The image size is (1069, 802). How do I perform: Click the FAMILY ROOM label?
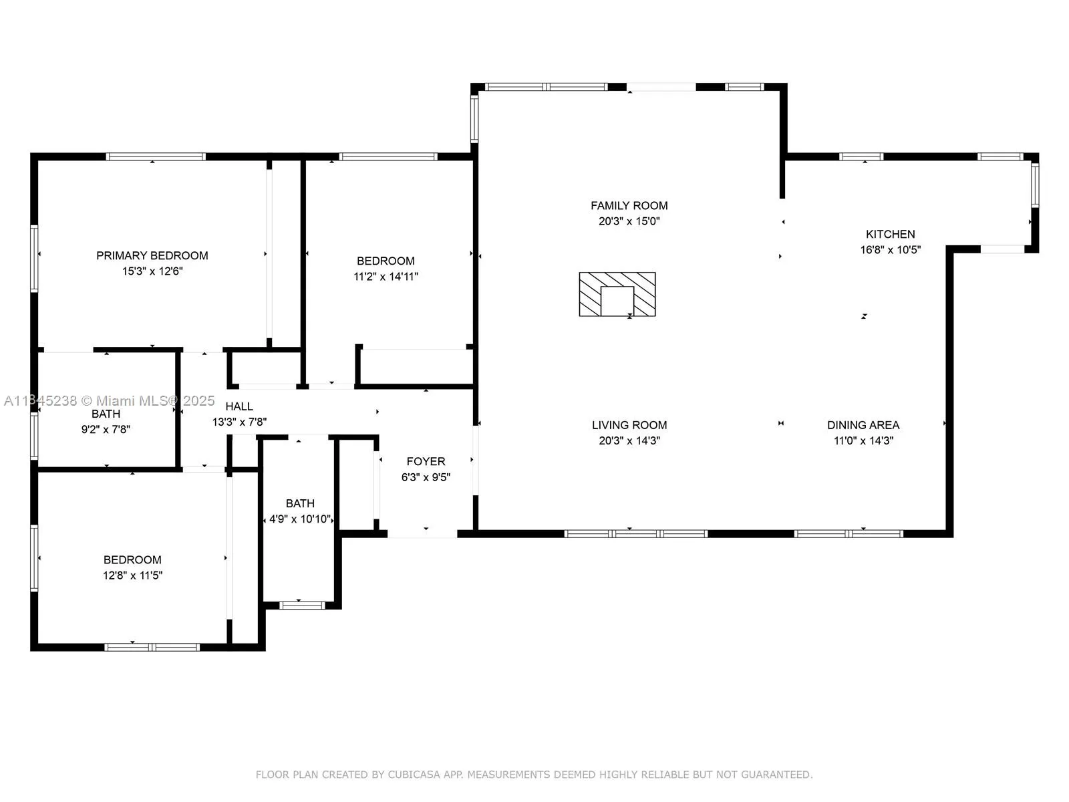point(629,205)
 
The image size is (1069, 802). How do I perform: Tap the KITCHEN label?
point(890,234)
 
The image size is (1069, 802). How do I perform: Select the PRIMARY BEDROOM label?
point(152,256)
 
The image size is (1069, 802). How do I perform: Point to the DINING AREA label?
point(863,425)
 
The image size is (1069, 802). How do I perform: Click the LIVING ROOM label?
point(629,425)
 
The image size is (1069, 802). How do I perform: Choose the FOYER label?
point(426,462)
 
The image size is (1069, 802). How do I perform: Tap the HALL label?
point(239,406)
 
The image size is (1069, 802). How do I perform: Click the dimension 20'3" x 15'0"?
point(629,221)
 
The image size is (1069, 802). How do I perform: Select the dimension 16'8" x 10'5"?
point(890,250)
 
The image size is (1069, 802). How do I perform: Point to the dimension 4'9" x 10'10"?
point(300,519)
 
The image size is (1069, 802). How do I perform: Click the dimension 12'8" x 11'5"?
point(132,575)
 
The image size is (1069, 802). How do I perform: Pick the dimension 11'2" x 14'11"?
point(386,277)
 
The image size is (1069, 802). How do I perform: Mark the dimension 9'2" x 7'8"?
point(106,430)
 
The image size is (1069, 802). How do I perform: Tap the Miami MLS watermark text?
point(109,401)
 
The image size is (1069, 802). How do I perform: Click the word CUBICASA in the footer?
point(414,774)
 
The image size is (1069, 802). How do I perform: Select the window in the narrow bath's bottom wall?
point(301,606)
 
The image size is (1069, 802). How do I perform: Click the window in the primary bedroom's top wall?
point(156,157)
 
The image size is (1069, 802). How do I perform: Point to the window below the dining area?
point(849,534)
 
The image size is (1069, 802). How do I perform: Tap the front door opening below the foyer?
point(422,534)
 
